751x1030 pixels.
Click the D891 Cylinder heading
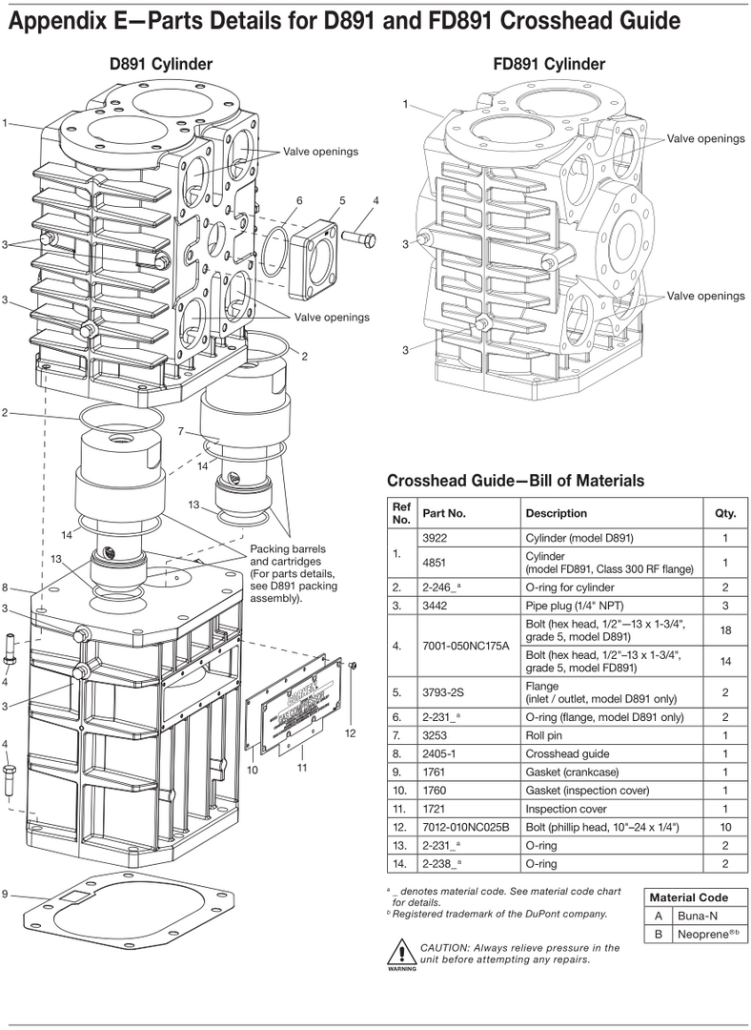click(160, 64)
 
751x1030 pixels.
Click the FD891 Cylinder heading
click(549, 64)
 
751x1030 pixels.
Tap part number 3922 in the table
click(435, 538)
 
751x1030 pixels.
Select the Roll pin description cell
click(543, 735)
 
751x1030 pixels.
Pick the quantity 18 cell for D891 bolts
click(725, 630)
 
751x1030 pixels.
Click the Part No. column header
click(444, 513)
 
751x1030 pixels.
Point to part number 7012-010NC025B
click(465, 827)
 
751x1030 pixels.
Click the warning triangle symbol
click(397, 953)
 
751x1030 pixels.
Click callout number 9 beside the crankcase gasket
click(6, 894)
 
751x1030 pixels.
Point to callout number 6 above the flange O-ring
click(298, 200)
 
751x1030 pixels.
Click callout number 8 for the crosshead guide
click(6, 587)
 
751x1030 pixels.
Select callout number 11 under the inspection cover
click(303, 767)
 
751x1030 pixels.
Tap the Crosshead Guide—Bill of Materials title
click(516, 480)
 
